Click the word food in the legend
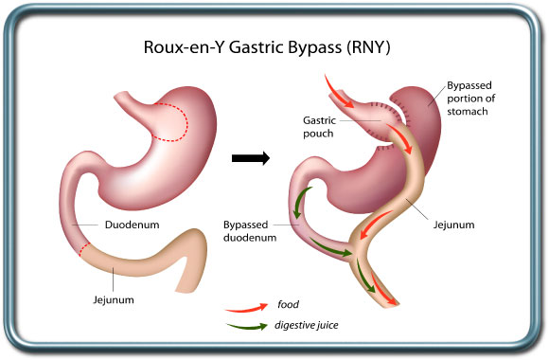289,305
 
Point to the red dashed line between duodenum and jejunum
86,249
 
